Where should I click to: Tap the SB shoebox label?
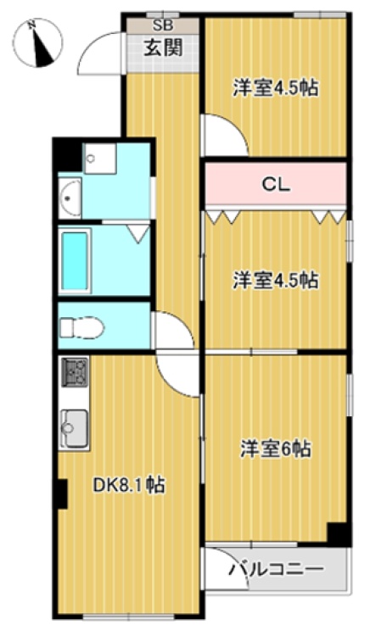[162, 25]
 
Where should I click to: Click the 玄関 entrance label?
[163, 47]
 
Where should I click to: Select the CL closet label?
[276, 185]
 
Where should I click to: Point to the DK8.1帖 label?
[129, 485]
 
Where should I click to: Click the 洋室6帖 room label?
[276, 449]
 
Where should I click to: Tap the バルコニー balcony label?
[277, 569]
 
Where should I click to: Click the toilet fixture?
[81, 327]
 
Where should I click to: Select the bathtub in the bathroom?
[75, 261]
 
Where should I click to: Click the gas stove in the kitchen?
[75, 372]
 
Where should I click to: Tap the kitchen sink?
[75, 428]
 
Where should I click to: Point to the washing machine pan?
[100, 159]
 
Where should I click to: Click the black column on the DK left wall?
[61, 493]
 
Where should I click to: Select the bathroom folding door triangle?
[139, 234]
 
